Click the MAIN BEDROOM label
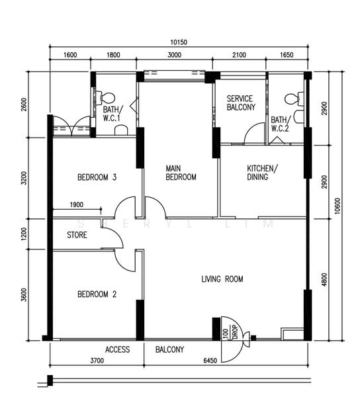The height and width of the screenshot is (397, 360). (x=181, y=173)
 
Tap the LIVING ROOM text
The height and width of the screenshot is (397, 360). (x=222, y=279)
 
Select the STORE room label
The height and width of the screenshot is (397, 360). (x=77, y=235)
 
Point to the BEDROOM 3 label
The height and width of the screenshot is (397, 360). (x=97, y=177)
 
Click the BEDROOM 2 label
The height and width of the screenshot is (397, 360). (x=97, y=294)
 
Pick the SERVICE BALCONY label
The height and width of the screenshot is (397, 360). (x=241, y=103)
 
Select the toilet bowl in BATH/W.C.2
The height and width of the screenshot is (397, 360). (x=294, y=99)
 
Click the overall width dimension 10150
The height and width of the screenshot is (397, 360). (x=179, y=42)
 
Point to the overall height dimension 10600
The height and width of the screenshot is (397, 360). (x=337, y=206)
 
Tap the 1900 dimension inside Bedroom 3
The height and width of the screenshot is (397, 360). (x=77, y=204)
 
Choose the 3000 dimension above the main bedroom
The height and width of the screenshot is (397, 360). (x=175, y=55)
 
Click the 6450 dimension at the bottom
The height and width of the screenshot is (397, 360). (x=210, y=361)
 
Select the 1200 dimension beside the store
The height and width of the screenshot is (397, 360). (x=24, y=234)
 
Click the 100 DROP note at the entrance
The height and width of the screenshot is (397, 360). (x=231, y=332)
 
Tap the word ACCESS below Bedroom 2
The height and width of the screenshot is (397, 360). (x=118, y=349)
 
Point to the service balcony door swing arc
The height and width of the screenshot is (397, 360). (x=253, y=130)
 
